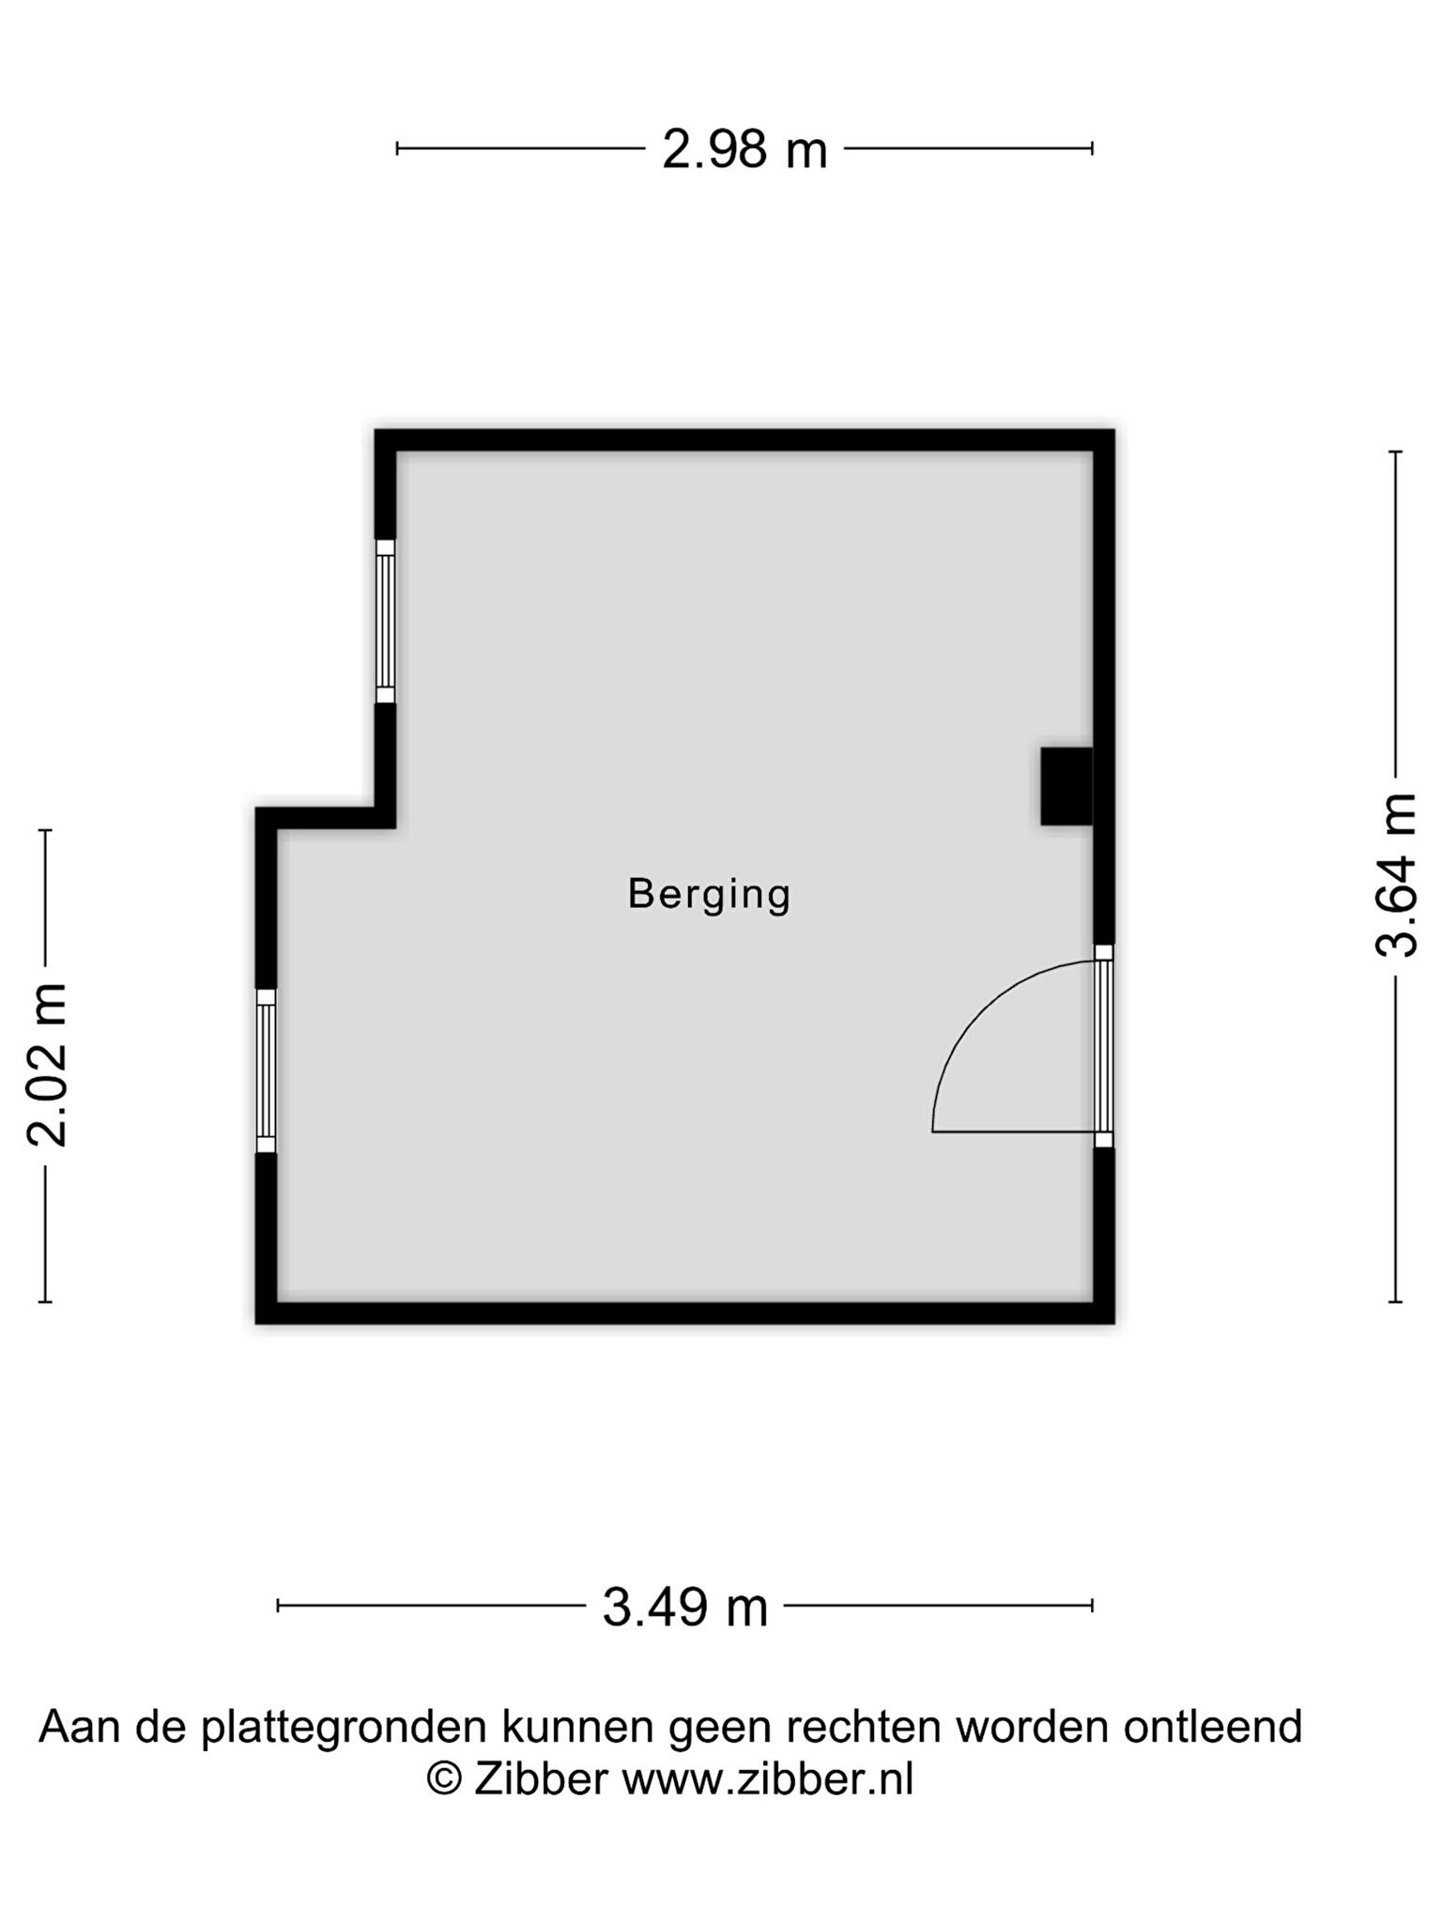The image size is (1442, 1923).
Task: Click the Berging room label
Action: [709, 894]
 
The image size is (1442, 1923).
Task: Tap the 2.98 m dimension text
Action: [744, 149]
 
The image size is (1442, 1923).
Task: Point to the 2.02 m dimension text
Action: [47, 1066]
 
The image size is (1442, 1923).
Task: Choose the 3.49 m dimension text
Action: [684, 1607]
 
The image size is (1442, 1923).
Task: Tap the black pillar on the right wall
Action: [1066, 787]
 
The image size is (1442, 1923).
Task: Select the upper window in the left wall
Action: [385, 622]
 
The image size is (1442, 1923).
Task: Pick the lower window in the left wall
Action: [267, 1070]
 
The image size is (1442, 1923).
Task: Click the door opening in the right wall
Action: [1104, 1046]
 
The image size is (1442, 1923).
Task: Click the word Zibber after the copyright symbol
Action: [541, 1778]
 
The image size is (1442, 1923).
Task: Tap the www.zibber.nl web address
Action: [768, 1778]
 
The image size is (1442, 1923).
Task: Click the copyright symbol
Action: [444, 1778]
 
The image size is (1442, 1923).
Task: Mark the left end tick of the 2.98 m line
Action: [397, 148]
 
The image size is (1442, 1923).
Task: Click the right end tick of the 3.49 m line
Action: [1093, 1606]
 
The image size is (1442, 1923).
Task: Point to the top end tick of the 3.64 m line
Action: [1396, 452]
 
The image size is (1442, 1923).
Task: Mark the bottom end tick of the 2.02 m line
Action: [45, 1302]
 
